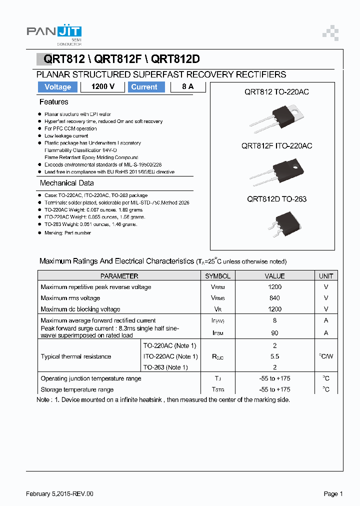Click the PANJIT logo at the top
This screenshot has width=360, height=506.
click(x=53, y=32)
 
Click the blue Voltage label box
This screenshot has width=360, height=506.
click(x=57, y=87)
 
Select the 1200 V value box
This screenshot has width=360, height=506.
click(x=103, y=87)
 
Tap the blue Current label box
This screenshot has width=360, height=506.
click(x=144, y=87)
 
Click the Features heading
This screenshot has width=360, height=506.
click(x=54, y=102)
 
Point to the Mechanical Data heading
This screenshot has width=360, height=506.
click(x=66, y=183)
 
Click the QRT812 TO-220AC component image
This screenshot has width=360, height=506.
click(x=279, y=118)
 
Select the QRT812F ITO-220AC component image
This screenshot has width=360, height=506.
click(x=278, y=172)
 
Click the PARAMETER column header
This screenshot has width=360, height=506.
click(x=119, y=276)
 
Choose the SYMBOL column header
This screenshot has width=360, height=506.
click(x=217, y=276)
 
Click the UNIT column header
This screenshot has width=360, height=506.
click(x=326, y=276)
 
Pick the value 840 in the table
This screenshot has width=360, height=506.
click(x=274, y=298)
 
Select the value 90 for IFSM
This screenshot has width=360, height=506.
click(x=274, y=333)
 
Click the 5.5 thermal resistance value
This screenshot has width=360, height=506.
click(x=274, y=356)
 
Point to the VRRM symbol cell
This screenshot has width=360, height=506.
click(x=217, y=287)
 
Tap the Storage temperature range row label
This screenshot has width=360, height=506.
click(x=77, y=389)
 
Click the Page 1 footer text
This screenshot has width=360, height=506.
click(x=333, y=494)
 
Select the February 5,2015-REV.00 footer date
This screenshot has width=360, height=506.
click(x=59, y=494)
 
